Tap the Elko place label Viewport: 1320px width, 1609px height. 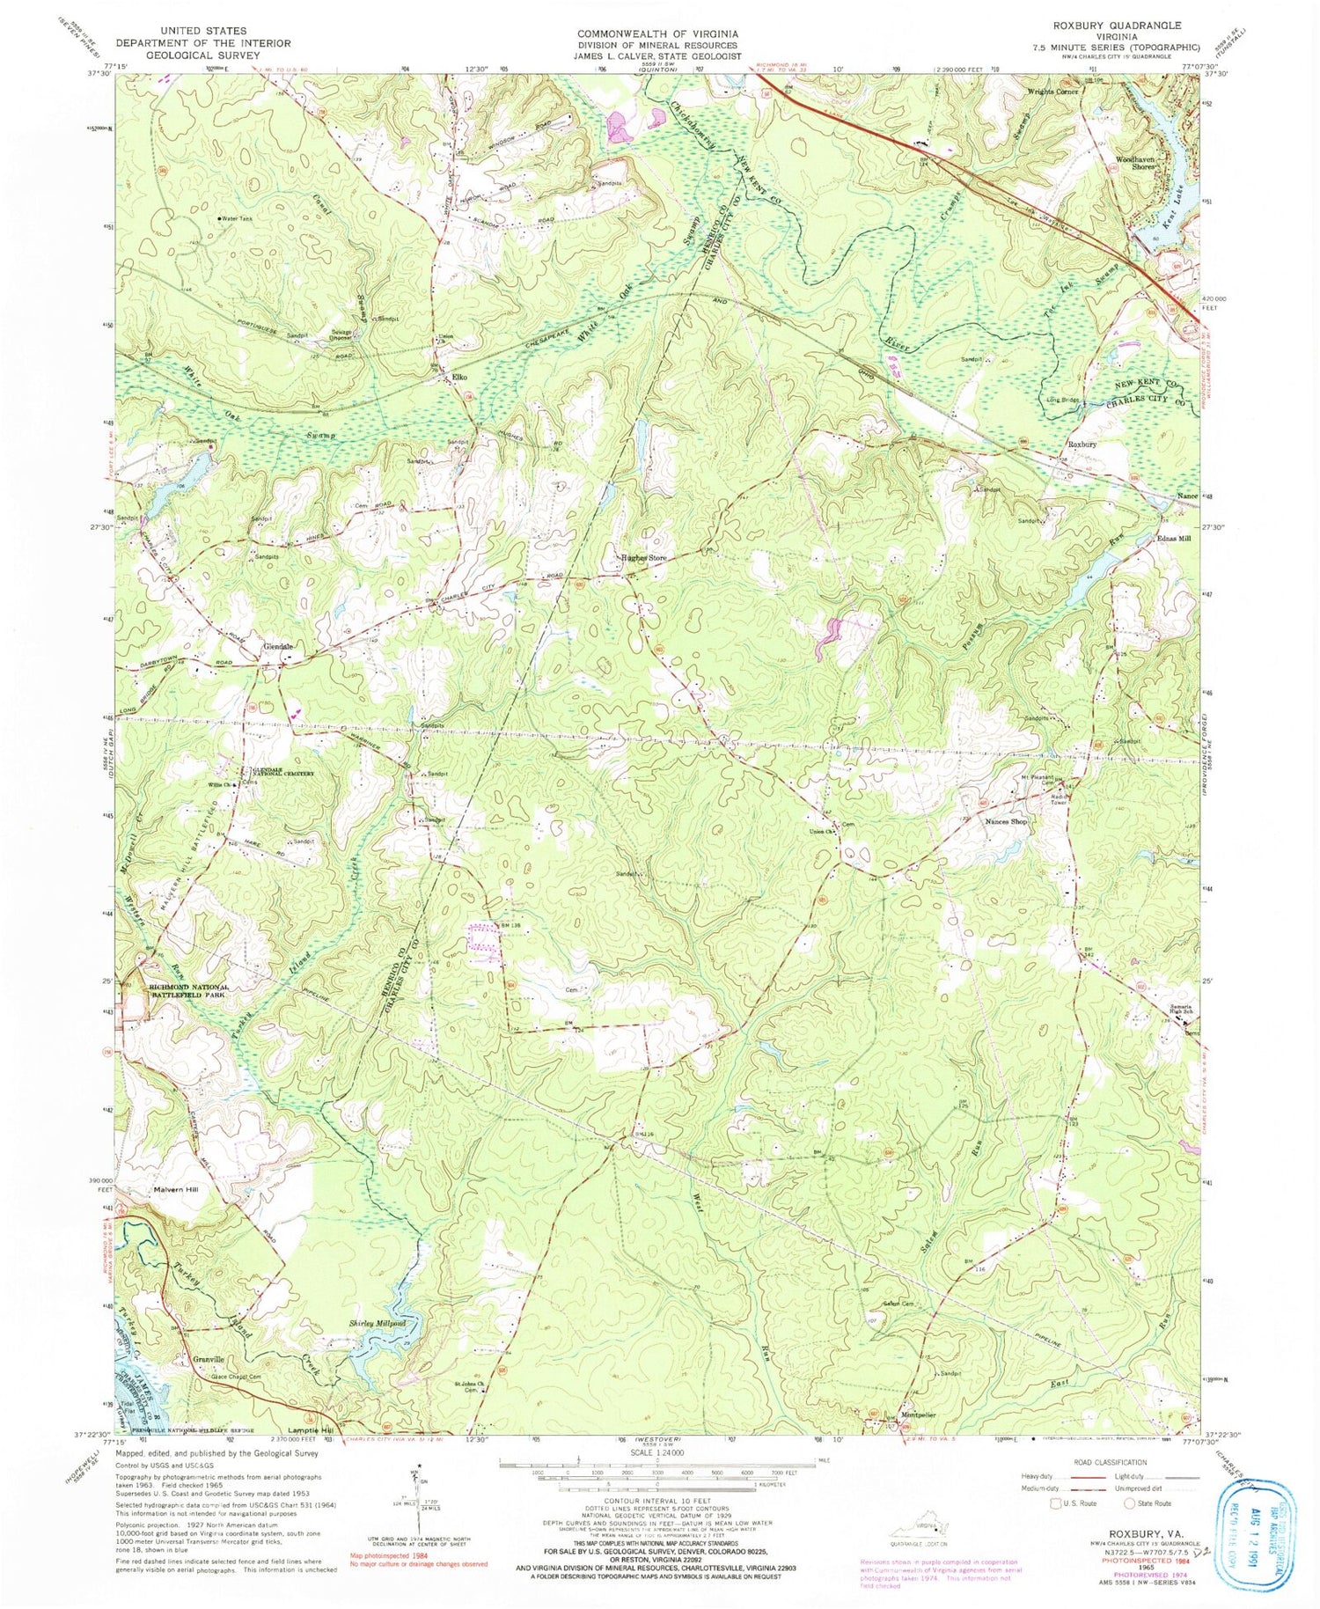click(x=458, y=377)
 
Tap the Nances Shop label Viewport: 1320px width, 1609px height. click(x=1007, y=821)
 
